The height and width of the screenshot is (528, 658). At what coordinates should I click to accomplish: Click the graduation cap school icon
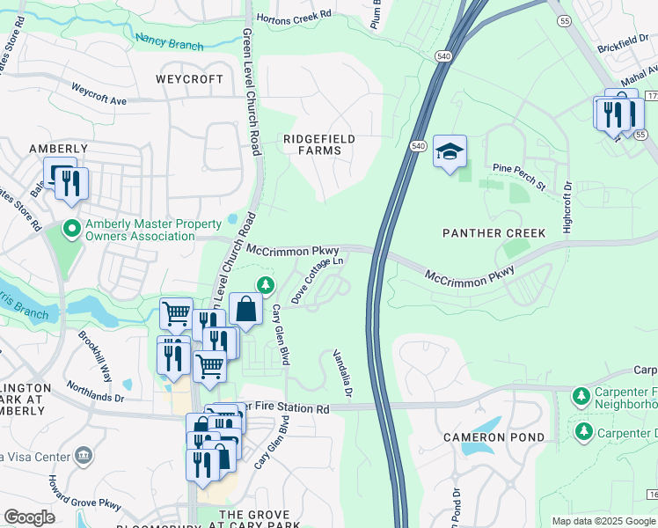tap(450, 152)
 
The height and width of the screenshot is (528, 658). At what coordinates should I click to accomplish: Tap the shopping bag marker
tap(246, 310)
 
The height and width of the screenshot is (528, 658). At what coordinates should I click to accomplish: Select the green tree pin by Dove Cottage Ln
tap(264, 284)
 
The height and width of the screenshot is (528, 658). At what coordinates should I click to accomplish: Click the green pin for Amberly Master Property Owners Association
tap(72, 230)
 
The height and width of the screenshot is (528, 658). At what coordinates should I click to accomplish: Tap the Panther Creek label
tap(493, 232)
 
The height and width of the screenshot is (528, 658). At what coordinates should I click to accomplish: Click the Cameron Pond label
tap(493, 437)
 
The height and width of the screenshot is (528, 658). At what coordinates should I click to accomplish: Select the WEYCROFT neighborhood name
tap(189, 79)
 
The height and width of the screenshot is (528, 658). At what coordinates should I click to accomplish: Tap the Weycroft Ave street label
tap(99, 94)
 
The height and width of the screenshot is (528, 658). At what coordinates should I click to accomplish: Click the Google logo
tap(29, 517)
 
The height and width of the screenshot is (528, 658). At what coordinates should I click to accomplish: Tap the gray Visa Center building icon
tap(84, 456)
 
